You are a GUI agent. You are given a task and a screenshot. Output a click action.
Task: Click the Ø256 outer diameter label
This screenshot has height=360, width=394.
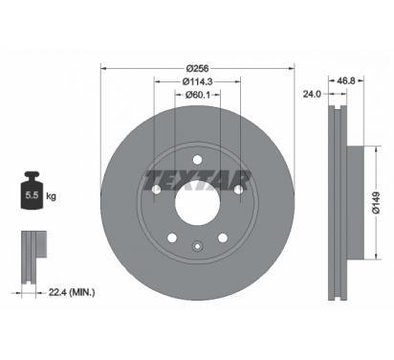coord(197,68)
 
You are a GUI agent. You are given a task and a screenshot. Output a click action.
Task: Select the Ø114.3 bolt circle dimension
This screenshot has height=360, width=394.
coord(197,81)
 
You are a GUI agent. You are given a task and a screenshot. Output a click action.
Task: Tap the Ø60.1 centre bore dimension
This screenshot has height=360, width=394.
coord(197,95)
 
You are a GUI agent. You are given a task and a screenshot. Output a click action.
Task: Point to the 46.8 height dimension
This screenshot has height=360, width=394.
coord(346,80)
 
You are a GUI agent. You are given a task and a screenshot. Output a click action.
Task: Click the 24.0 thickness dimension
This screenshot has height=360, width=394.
coord(312,94)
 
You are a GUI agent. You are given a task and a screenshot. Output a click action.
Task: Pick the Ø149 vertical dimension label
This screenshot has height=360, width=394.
coord(376,203)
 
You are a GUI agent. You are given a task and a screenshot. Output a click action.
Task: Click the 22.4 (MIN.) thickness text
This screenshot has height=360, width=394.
coord(72,292)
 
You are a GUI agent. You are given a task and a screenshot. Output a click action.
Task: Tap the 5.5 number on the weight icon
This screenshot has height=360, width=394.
coord(32,195)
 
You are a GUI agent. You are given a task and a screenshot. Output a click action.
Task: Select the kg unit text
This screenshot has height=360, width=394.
coord(51,196)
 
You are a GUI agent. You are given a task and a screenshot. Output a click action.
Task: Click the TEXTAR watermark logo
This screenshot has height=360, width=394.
coord(197,180)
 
